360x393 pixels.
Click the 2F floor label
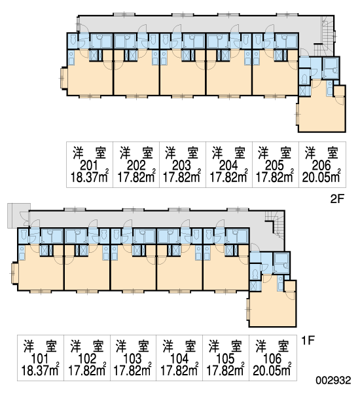tap(337, 198)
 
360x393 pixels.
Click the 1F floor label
tap(308, 340)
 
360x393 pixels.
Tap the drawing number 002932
tap(333, 380)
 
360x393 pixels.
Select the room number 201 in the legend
tap(89, 166)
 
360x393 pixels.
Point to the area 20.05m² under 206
tap(321, 177)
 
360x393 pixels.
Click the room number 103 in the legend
tap(132, 359)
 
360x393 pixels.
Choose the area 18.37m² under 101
tap(41, 371)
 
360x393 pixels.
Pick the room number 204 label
tap(228, 166)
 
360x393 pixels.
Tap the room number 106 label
tap(272, 359)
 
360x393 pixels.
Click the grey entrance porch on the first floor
tap(19, 215)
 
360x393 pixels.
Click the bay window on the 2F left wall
tap(63, 78)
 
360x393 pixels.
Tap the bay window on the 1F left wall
tap(14, 272)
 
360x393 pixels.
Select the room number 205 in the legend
tap(274, 166)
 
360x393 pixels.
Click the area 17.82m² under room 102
tap(86, 371)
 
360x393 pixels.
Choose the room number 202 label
tap(135, 166)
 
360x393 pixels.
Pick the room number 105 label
tap(225, 359)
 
